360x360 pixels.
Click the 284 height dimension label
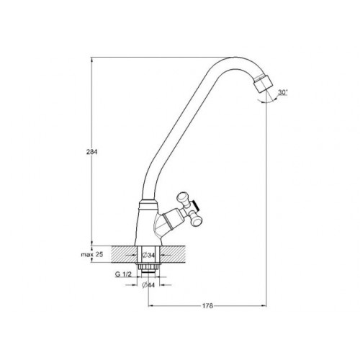point(92,152)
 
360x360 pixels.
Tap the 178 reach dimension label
point(207,306)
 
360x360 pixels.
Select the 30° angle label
point(283,92)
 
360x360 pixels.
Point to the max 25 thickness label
point(92,254)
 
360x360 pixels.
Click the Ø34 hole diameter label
point(148,256)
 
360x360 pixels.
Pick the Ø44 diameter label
point(148,285)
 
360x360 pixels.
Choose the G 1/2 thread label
point(123,274)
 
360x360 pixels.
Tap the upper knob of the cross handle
point(182,197)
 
